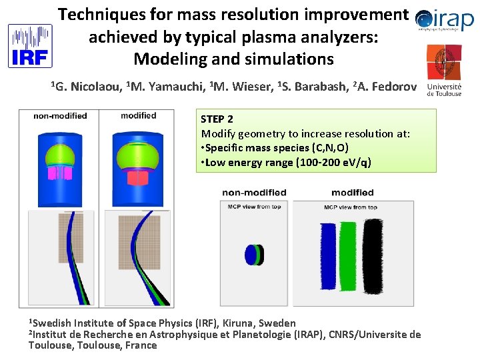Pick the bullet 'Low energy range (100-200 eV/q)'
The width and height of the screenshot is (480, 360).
coord(287,162)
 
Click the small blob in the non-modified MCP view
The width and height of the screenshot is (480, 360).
coord(253,254)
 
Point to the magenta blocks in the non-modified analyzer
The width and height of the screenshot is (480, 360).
coord(59,173)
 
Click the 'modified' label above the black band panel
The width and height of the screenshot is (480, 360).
coord(353,193)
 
